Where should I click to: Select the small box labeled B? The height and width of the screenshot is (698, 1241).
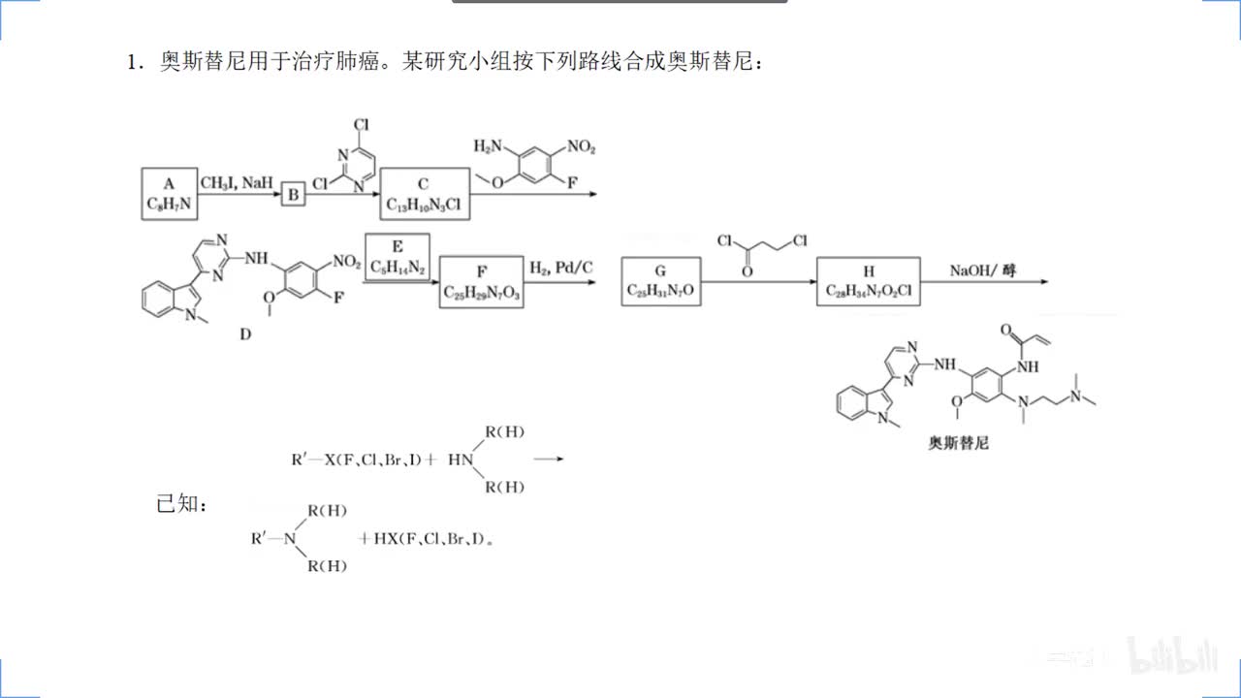click(292, 196)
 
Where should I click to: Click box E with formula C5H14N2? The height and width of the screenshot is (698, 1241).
click(397, 256)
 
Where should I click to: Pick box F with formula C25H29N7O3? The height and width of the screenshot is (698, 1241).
click(482, 282)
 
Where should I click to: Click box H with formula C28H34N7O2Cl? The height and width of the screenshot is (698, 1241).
click(868, 281)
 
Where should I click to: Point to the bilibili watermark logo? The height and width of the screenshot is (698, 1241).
click(1171, 656)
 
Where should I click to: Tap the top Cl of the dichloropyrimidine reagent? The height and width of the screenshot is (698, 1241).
click(361, 125)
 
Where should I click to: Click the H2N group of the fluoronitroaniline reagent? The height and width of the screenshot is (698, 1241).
click(490, 146)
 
